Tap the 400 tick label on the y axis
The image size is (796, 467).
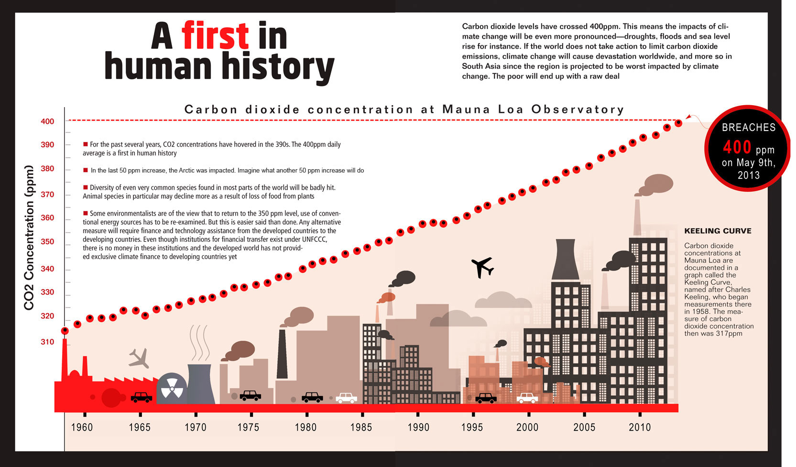[x=47, y=121]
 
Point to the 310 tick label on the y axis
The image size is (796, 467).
[x=47, y=342]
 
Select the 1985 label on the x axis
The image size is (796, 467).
[x=361, y=427]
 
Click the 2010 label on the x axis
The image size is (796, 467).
[x=640, y=427]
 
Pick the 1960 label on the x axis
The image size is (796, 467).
[x=82, y=427]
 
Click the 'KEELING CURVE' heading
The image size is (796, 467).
[x=718, y=231]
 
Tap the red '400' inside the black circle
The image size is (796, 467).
[x=737, y=148]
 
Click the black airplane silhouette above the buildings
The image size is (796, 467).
[x=482, y=267]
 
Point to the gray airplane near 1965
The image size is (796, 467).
[x=139, y=358]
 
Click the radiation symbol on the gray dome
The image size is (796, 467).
[x=172, y=388]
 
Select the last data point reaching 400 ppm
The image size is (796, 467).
[x=678, y=123]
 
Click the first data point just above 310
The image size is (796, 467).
[x=65, y=331]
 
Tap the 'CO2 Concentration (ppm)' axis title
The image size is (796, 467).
[x=30, y=238]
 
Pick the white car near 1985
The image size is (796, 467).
[x=346, y=398]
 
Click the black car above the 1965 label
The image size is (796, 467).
[x=142, y=397]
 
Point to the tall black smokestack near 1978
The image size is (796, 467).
[x=282, y=354]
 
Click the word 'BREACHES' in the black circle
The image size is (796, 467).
[x=748, y=128]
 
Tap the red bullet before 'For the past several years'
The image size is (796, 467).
[x=86, y=144]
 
